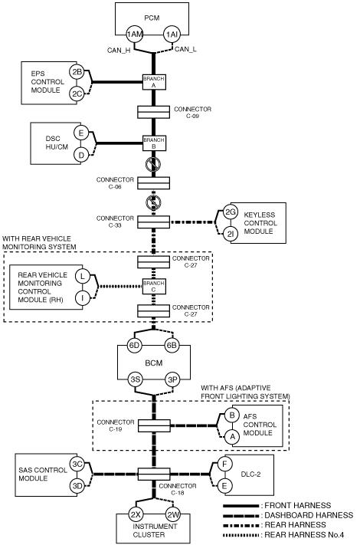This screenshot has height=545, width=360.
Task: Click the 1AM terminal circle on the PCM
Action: tap(134, 34)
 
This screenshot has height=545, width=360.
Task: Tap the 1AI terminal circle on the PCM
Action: tap(172, 34)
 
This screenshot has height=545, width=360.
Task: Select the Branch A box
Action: tap(154, 82)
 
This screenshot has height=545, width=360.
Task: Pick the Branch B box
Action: tap(154, 143)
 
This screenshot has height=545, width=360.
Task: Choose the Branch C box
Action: tap(154, 287)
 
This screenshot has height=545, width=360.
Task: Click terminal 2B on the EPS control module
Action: tap(77, 72)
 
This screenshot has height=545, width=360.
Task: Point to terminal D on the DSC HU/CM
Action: tap(81, 155)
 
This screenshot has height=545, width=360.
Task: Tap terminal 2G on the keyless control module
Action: tap(230, 212)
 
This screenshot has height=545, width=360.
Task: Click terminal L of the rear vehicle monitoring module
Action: tap(82, 276)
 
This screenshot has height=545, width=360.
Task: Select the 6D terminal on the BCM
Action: tap(134, 346)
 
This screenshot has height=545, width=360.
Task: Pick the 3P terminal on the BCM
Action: tap(172, 379)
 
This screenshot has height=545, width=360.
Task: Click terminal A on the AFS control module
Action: tap(232, 437)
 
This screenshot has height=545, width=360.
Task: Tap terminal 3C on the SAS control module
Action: tap(77, 464)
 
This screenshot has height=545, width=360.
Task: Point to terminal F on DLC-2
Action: tap(224, 464)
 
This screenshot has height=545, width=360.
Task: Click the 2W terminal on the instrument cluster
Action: tap(172, 514)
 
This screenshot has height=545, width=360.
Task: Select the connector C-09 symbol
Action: tap(154, 112)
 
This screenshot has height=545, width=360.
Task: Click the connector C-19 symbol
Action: tap(154, 425)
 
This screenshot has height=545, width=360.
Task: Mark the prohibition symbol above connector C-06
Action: tap(153, 164)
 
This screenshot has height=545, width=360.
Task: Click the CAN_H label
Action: tap(119, 51)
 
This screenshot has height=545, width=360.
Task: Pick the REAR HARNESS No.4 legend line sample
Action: tap(241, 535)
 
